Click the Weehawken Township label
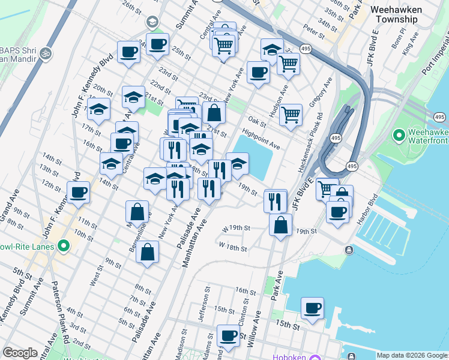coord(404,14)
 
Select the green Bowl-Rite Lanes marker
coord(63,247)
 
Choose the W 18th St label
coord(234,246)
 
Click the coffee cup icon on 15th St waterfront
coord(312,308)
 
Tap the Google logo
coord(20,353)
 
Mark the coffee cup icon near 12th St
coord(78,192)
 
